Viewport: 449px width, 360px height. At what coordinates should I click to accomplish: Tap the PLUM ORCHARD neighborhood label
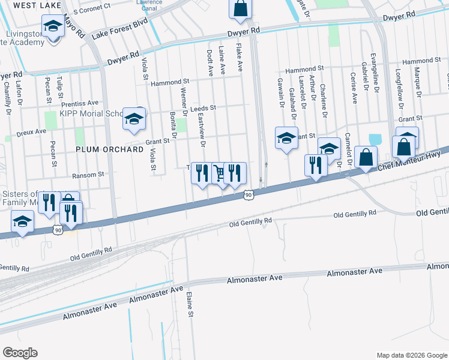pos(105,149)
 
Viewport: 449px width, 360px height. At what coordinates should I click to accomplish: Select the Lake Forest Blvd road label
pos(119,29)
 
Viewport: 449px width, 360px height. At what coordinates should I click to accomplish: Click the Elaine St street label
pos(189,304)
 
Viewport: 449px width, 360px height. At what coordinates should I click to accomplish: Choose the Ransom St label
pos(88,175)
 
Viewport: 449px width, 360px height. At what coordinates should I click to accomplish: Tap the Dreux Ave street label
pos(32,131)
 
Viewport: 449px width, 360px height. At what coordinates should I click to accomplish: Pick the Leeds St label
pos(202,109)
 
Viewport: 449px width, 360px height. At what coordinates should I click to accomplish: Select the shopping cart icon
pos(219,173)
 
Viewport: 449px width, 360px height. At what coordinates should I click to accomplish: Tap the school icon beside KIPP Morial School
pos(133,118)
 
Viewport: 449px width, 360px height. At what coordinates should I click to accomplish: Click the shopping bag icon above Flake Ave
pos(240,8)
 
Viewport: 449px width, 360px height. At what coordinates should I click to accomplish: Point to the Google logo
pos(20,353)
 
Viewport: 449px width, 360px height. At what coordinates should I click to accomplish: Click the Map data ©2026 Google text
pos(411,355)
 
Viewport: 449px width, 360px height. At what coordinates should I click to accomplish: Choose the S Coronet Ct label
pos(92,10)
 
